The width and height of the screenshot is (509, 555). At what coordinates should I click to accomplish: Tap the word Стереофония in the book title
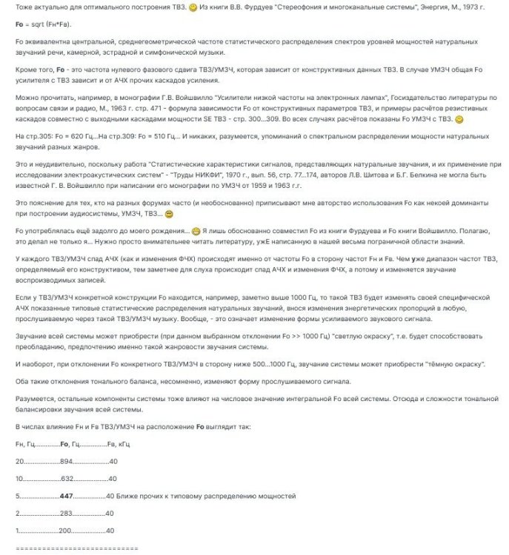click(x=295, y=7)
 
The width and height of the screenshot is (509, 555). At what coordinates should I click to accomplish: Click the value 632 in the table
click(x=68, y=477)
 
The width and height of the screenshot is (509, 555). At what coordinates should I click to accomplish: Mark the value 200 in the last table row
click(x=66, y=531)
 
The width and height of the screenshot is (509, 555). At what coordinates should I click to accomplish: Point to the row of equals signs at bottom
click(x=76, y=548)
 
